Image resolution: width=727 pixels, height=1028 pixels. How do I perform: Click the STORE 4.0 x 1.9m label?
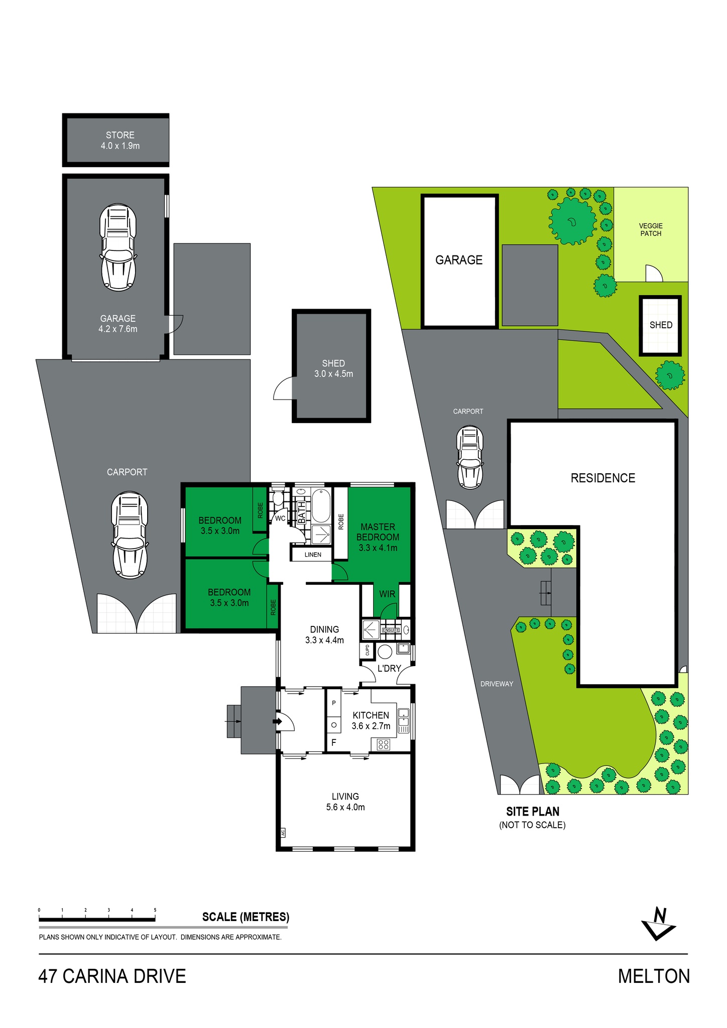[x=120, y=141]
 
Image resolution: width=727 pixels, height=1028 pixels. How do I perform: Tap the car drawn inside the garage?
[x=118, y=247]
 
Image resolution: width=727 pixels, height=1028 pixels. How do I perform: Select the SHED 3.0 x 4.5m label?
[x=333, y=368]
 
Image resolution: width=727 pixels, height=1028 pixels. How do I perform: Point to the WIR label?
[x=387, y=594]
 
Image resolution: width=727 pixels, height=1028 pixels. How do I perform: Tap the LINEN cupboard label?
[x=313, y=555]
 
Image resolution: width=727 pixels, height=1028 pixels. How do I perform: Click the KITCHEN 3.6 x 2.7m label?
[x=371, y=720]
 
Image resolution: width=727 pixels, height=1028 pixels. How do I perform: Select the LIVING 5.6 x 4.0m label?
[x=345, y=802]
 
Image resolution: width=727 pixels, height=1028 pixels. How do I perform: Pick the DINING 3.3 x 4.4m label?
[x=324, y=634]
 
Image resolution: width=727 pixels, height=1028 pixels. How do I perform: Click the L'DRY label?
[x=389, y=668]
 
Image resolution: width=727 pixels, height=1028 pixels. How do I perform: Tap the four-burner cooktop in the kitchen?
[x=384, y=744]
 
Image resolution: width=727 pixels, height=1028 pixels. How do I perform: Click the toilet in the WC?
[x=277, y=497]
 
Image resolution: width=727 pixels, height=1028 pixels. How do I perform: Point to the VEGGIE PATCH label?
[x=651, y=229]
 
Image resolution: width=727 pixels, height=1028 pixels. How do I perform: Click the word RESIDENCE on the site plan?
[x=603, y=478]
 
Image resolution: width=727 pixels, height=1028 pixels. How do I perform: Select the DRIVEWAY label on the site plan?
[x=497, y=684]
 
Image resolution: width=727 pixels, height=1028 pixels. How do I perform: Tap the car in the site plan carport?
[x=470, y=457]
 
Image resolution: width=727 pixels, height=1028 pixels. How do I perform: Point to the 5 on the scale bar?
[x=155, y=910]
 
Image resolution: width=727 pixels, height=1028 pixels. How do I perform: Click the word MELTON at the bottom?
[x=654, y=976]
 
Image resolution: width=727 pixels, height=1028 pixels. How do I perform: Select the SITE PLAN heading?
[x=533, y=811]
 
